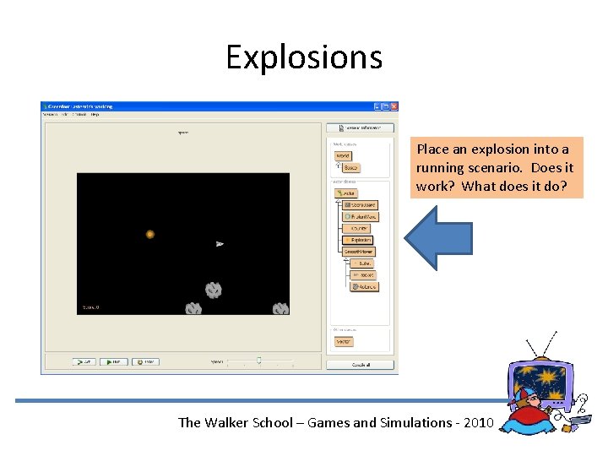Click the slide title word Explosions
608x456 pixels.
tap(304, 57)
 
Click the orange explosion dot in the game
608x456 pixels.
tap(149, 234)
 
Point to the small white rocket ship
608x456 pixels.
tap(220, 244)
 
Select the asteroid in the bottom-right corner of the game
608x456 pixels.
tap(280, 309)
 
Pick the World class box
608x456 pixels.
tap(343, 155)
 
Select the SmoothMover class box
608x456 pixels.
tap(359, 252)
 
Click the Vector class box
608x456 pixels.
tap(344, 341)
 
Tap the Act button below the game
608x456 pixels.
tap(84, 361)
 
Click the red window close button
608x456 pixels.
tap(394, 106)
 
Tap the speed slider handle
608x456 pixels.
tap(258, 361)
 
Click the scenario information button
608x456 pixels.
tap(361, 128)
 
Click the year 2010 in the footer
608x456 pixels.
tap(476, 422)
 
